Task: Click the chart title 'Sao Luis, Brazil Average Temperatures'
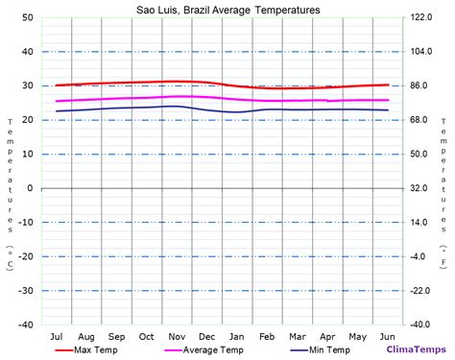[227, 10]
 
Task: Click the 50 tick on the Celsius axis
[28, 18]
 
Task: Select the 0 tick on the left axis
[31, 188]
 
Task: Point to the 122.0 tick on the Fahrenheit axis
[422, 18]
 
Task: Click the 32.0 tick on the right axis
[420, 188]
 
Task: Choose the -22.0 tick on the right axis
[420, 291]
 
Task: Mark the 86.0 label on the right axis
[420, 86]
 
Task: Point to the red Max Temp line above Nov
[177, 82]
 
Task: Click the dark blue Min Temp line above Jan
[237, 112]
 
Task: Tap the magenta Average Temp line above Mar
[298, 101]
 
